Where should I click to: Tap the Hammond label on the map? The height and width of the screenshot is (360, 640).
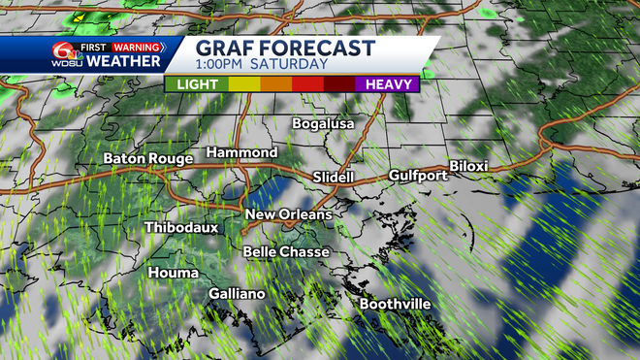242,153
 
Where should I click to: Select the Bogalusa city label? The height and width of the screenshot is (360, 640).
325,124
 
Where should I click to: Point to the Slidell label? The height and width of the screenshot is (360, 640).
336,178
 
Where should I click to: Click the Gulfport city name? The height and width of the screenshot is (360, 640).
418,176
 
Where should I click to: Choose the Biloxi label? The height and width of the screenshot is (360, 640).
468,166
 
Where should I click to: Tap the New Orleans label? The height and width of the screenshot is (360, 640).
288,214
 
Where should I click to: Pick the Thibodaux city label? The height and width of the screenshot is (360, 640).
181,228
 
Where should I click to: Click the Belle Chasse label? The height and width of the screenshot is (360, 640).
286,252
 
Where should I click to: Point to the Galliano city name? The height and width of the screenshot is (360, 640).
237,293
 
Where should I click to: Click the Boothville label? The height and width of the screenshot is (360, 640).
395,305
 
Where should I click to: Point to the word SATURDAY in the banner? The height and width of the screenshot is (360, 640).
288,65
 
